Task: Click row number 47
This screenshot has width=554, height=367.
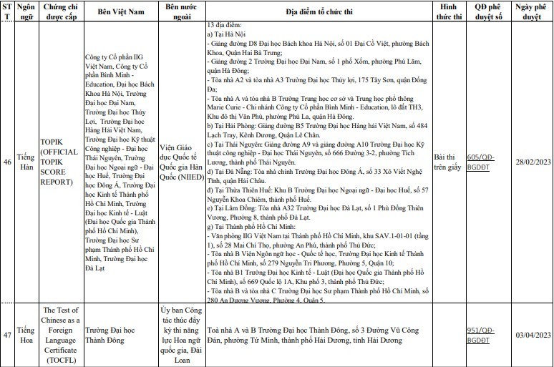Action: click(6, 335)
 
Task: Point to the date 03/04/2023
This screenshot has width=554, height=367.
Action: click(533, 335)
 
